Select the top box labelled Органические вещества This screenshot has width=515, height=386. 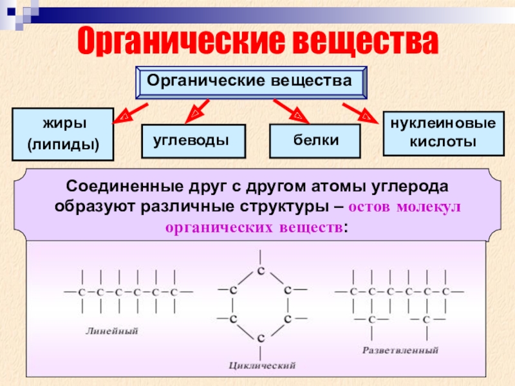coord(250,82)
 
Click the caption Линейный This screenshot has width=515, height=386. coord(113,331)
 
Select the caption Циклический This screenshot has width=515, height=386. coord(262,365)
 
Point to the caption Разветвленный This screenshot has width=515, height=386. coord(400,351)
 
